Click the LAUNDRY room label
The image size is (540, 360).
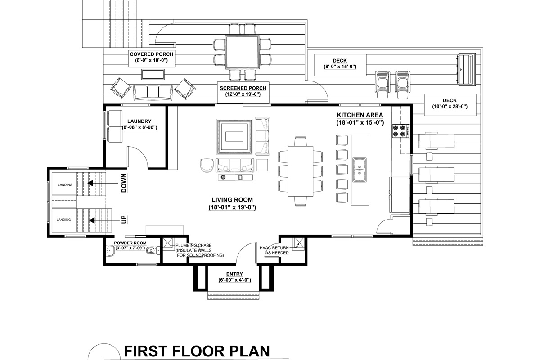coord(139,121)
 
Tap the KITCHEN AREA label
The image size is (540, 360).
coord(360,115)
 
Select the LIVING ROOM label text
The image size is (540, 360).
coord(232,200)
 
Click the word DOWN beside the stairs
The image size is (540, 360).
coord(124,184)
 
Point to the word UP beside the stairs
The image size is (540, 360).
coord(124,220)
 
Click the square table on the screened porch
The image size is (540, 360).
coord(242,52)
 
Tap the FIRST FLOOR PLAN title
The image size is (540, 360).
coord(197,351)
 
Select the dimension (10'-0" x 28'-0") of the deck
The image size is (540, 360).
coord(450,107)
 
